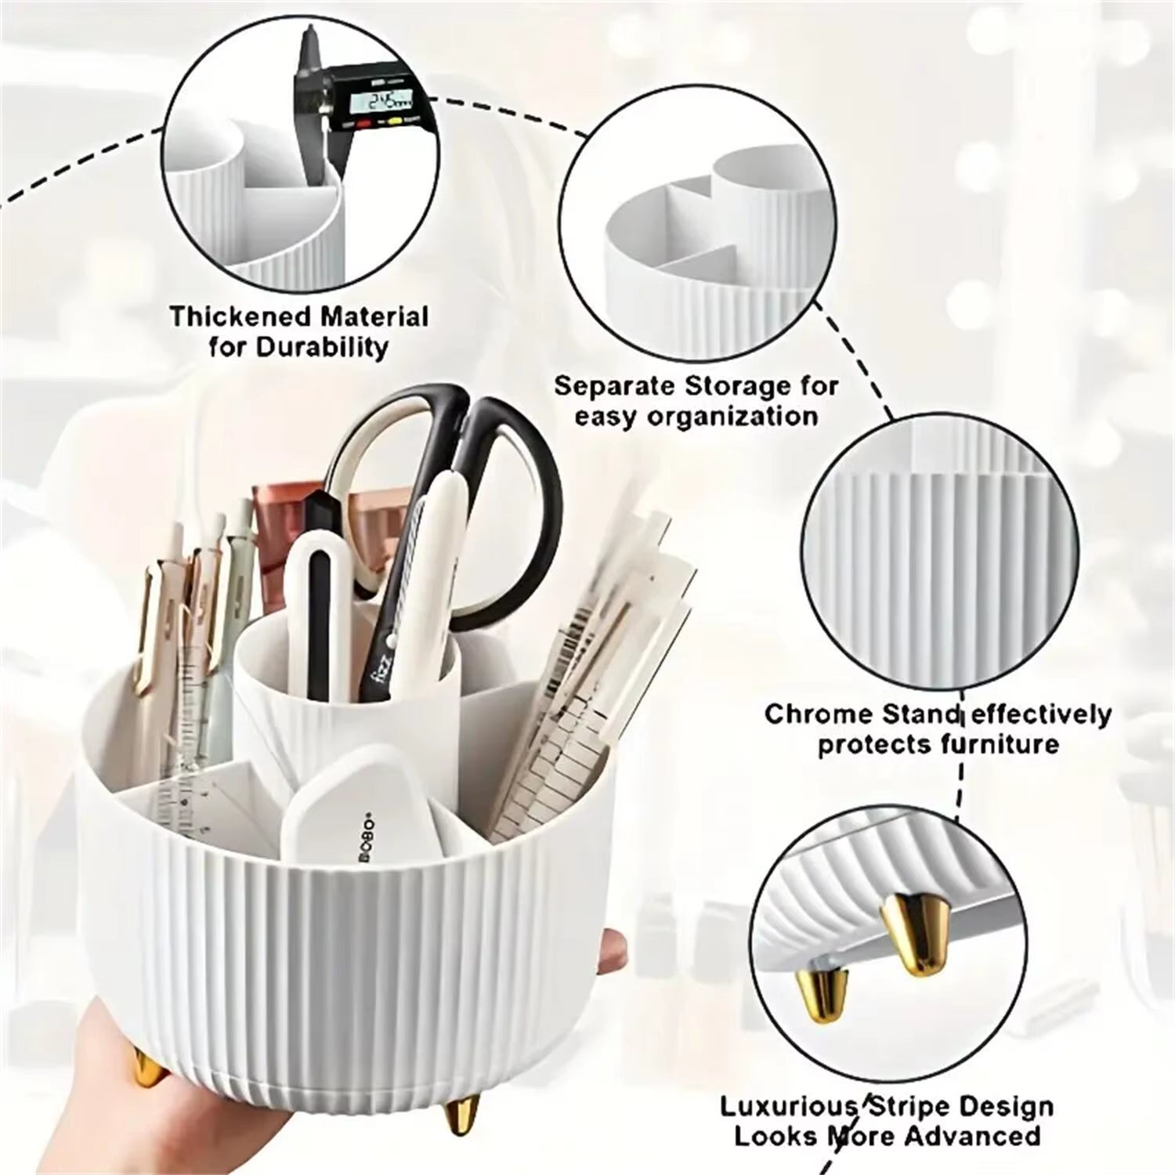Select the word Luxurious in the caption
coord(787,1107)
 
